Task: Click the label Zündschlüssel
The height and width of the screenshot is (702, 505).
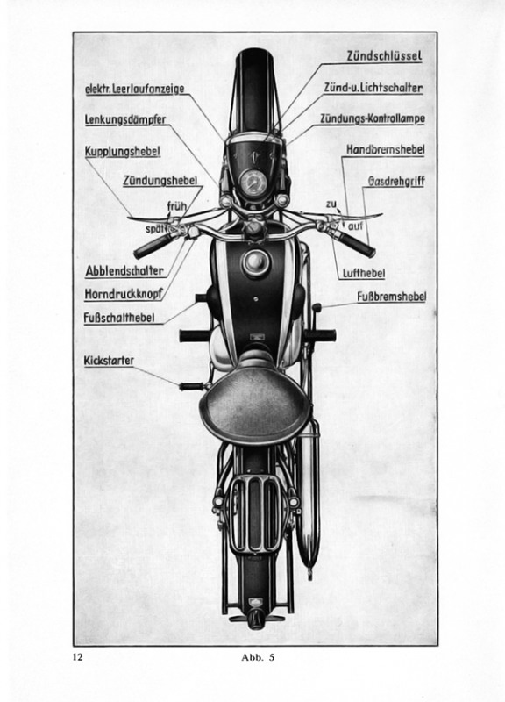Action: pos(384,56)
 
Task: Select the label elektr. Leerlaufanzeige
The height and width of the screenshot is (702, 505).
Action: pos(135,89)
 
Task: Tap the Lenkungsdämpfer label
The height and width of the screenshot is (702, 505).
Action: pos(125,120)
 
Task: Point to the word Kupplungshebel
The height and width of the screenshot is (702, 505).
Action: pos(122,151)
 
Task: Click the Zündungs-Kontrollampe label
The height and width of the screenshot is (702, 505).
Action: pos(372,118)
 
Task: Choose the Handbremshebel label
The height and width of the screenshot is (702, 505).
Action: pos(385,149)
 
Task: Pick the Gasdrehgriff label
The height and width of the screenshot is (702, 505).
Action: pos(396,182)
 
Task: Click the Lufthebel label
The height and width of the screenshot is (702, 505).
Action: pos(363,273)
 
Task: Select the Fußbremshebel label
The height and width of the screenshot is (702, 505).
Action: pos(391,297)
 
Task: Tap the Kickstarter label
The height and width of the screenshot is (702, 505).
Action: pos(109,361)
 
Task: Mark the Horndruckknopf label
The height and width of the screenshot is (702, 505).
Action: pos(124,294)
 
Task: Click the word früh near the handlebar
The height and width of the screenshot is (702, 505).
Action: pos(177,207)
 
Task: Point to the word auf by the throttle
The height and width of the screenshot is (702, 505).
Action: pos(355,226)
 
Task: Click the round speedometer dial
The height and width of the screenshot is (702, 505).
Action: pos(253,182)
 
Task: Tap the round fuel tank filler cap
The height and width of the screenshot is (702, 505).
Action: pos(256,261)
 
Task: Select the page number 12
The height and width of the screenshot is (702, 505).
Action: pos(78,657)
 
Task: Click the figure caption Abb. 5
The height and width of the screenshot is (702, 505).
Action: pos(258,657)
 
